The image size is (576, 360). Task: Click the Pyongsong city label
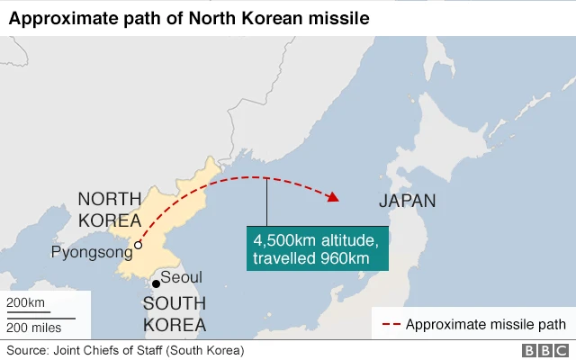click(x=91, y=253)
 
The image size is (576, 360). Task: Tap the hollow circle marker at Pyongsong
click(x=138, y=244)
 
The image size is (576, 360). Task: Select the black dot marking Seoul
click(x=156, y=284)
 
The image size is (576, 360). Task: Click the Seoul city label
click(x=182, y=277)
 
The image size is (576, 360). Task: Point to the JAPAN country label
click(x=407, y=202)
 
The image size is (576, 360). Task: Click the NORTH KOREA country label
click(x=109, y=210)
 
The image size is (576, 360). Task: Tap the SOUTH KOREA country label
click(x=175, y=313)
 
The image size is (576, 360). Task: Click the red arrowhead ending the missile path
click(x=333, y=197)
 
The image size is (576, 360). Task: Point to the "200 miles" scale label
click(x=35, y=327)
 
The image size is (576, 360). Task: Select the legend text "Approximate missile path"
click(x=486, y=324)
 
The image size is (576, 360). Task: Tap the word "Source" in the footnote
click(x=28, y=350)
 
